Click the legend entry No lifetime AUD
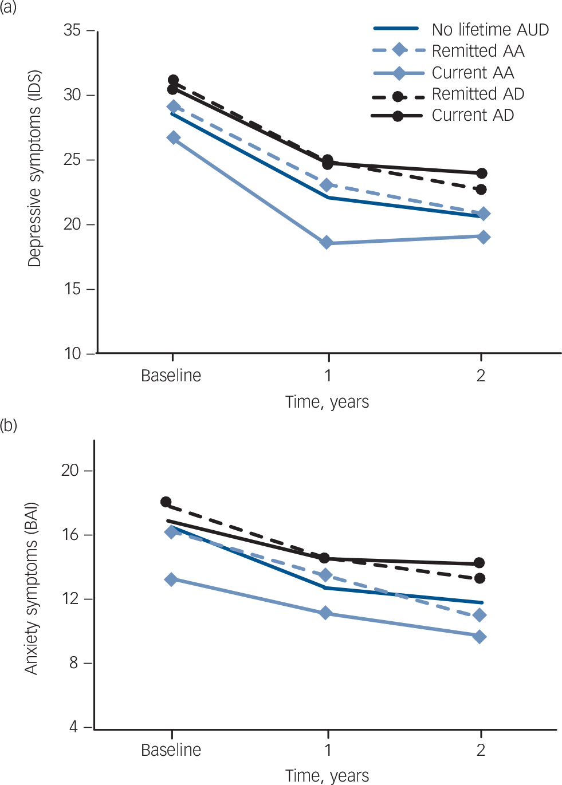tap(490, 30)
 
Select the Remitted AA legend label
tap(478, 51)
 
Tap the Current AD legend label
tap(473, 115)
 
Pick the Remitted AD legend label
tap(478, 94)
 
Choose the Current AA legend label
tap(473, 73)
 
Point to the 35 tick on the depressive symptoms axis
tap(72, 30)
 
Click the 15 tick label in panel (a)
tap(72, 289)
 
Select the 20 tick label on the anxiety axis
tap(70, 470)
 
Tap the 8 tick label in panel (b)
tap(73, 663)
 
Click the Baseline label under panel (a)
tap(171, 376)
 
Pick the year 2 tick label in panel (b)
tap(481, 750)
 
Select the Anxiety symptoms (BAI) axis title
tap(31, 588)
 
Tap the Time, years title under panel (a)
tap(327, 402)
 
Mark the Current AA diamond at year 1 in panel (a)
tap(327, 243)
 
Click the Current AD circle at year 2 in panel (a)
tap(481, 173)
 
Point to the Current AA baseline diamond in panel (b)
tap(171, 579)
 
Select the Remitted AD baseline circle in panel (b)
tap(166, 502)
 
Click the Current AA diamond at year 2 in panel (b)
tap(480, 637)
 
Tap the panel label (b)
tap(9, 426)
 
